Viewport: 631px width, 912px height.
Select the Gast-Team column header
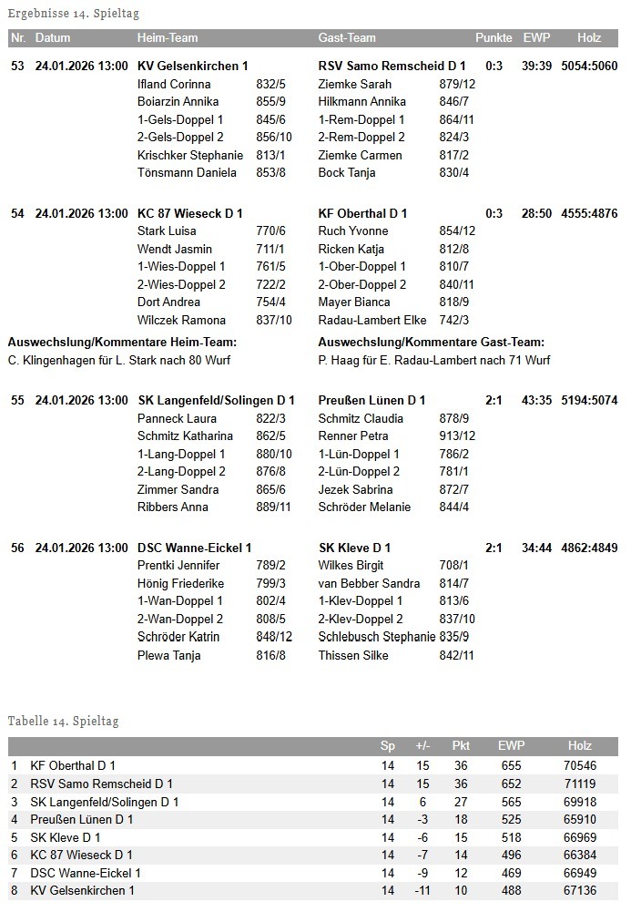(347, 38)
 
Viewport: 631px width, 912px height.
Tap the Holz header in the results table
(589, 38)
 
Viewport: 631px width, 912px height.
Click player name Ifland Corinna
(174, 84)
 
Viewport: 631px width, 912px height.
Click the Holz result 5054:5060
(589, 67)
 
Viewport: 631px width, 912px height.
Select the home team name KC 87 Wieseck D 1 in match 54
(189, 213)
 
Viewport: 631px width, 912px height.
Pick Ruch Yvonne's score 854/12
(457, 231)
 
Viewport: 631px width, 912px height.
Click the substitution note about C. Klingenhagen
(119, 360)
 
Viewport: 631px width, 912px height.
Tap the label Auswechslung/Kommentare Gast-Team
(432, 343)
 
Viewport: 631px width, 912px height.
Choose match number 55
(17, 400)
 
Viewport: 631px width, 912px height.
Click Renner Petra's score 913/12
(457, 436)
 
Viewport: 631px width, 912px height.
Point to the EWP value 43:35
(537, 400)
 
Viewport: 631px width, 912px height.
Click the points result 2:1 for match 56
(494, 548)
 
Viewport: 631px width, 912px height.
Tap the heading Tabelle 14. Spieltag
(63, 721)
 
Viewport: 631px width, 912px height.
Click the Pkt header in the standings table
(461, 746)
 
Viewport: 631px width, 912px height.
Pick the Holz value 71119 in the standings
(580, 784)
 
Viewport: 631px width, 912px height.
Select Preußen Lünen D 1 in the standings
(82, 819)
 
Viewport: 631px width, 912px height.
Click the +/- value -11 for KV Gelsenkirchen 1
(422, 890)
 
